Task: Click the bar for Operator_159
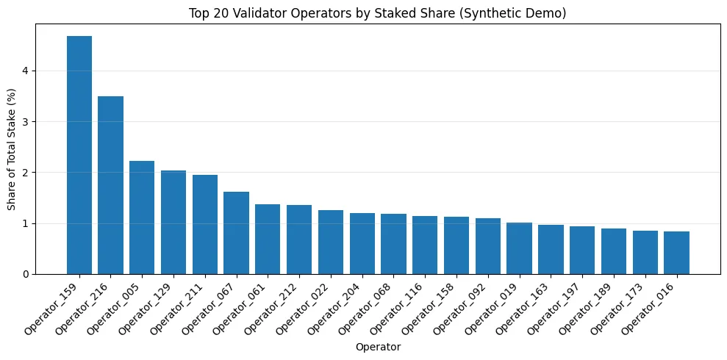[79, 155]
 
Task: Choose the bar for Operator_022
[331, 242]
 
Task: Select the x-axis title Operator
[378, 346]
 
